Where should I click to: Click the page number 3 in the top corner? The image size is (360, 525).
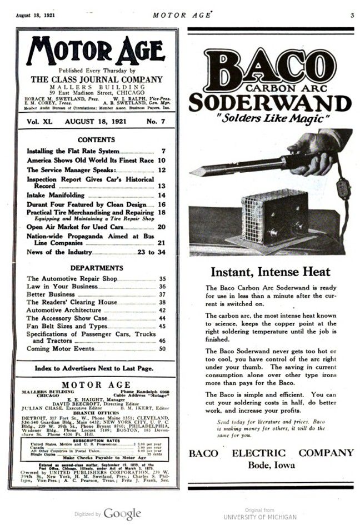tap(352, 15)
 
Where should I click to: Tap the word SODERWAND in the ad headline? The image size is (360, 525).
tap(270, 103)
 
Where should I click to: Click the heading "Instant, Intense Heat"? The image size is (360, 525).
tap(271, 272)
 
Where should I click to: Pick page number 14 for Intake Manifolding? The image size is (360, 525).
tap(162, 196)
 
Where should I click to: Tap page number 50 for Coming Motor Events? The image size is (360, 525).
tap(162, 349)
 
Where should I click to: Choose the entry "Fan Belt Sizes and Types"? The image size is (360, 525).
tap(67, 326)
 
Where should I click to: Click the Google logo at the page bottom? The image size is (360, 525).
tap(122, 514)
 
